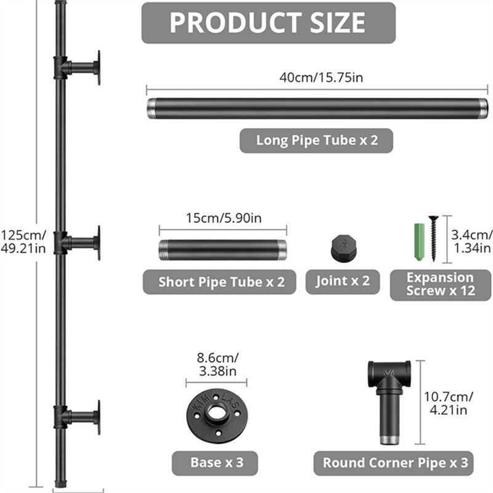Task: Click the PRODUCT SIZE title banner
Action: pyautogui.click(x=268, y=23)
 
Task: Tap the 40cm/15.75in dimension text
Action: pyautogui.click(x=316, y=78)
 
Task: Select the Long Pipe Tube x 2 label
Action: pyautogui.click(x=316, y=140)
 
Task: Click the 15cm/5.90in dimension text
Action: pyautogui.click(x=222, y=218)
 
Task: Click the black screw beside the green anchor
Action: pyautogui.click(x=433, y=239)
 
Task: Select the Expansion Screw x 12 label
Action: pyautogui.click(x=440, y=284)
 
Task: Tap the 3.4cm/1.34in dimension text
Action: pyautogui.click(x=471, y=240)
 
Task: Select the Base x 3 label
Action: pyautogui.click(x=214, y=462)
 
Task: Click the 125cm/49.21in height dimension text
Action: pyautogui.click(x=23, y=241)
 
